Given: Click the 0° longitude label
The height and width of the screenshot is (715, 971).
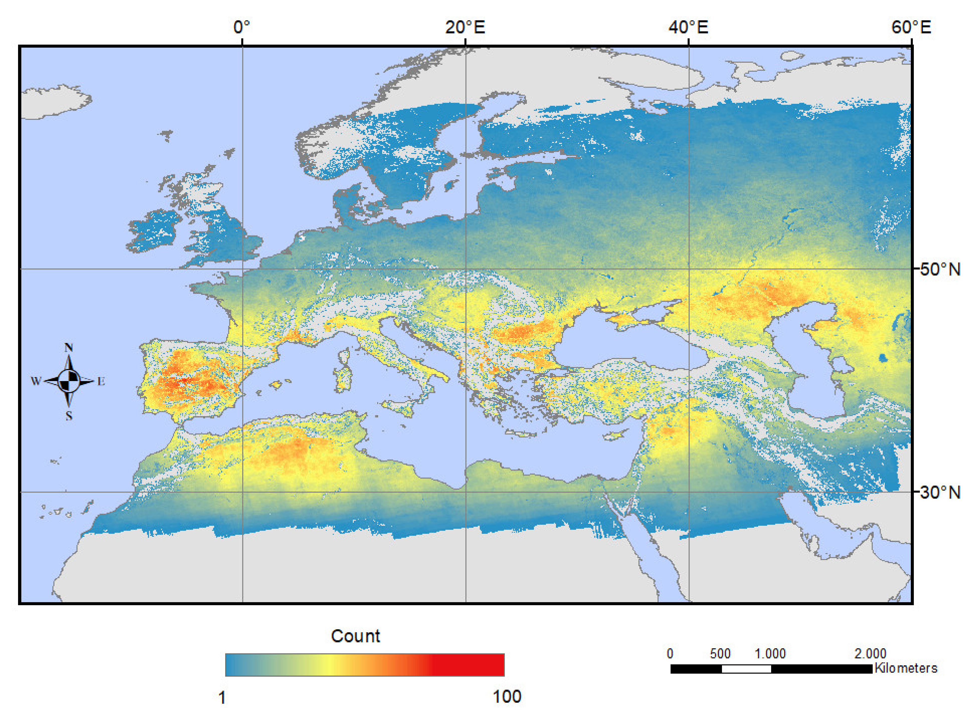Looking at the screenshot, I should pos(241,27).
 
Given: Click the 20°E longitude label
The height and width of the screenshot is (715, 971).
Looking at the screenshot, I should pos(465,27).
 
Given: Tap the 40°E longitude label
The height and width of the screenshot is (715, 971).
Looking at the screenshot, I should pos(688,27).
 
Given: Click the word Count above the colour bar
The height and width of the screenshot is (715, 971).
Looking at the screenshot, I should pos(355,636).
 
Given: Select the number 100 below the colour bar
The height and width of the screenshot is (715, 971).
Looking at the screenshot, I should pos(507,696).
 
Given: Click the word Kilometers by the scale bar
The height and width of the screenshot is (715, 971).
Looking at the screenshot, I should pos(906,668).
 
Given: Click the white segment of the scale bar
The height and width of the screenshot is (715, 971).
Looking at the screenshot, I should pos(746,669).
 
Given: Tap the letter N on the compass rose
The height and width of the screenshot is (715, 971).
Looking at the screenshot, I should pos(68,347).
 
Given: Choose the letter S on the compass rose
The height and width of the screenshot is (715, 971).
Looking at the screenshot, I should pos(69,416).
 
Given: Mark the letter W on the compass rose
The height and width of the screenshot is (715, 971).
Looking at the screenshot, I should pos(36,381).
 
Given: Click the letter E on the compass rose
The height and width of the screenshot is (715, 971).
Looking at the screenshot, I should pos(101,381).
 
